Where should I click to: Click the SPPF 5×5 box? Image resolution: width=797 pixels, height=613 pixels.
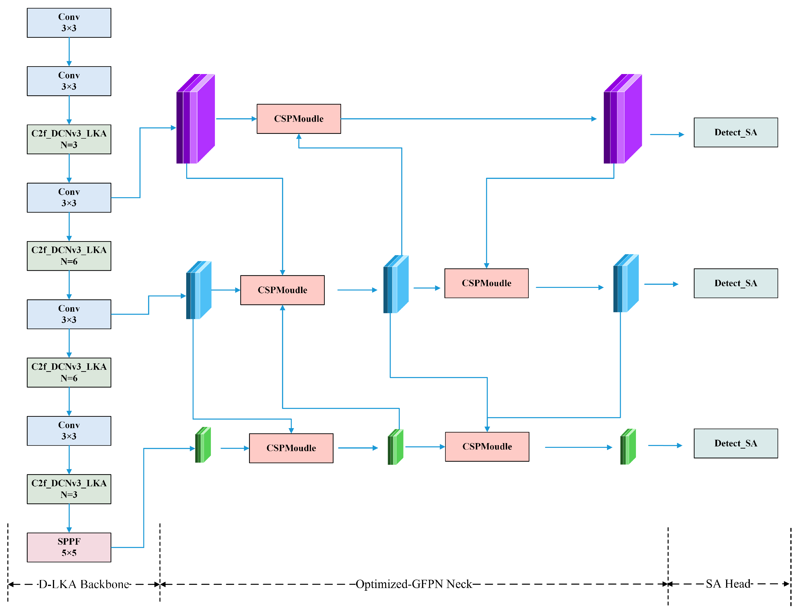(69, 547)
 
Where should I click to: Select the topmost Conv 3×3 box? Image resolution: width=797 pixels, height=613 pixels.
(69, 23)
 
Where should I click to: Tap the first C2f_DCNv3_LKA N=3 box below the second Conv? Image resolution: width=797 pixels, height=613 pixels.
(69, 139)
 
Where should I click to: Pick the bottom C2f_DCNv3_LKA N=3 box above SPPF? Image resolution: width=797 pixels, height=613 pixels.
(69, 489)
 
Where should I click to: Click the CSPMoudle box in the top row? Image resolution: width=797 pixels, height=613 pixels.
(299, 119)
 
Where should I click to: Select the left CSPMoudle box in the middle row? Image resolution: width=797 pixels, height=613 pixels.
(282, 290)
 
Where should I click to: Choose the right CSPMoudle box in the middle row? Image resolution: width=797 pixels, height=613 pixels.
(486, 283)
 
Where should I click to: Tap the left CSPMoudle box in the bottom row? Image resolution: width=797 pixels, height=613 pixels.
(291, 448)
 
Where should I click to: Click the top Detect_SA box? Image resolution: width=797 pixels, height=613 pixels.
(735, 132)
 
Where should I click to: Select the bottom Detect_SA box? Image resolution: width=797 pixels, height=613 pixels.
(735, 443)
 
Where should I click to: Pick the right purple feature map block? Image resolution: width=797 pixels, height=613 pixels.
(622, 119)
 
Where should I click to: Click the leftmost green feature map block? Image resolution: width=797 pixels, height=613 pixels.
(203, 445)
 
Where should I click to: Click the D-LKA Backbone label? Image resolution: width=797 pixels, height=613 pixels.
(84, 584)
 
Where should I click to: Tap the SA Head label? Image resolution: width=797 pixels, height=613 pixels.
(728, 584)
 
